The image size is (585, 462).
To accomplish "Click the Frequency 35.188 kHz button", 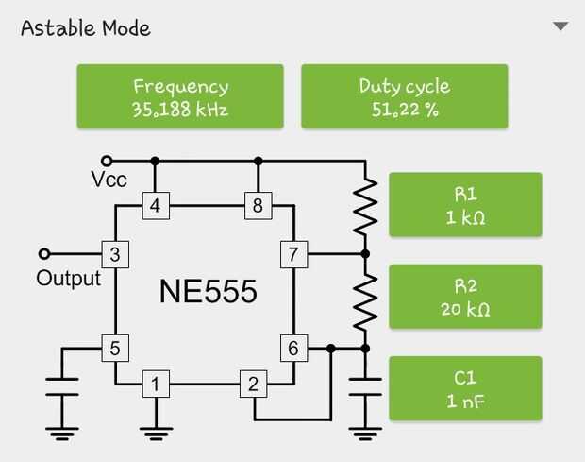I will click(x=180, y=96).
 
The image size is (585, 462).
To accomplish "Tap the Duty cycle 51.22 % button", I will click(x=404, y=96).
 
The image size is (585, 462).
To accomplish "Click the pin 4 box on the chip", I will click(x=156, y=205).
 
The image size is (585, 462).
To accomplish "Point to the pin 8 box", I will click(x=257, y=205).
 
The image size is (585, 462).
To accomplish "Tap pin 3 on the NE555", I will click(x=114, y=253).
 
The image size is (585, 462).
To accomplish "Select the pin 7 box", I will click(x=293, y=253).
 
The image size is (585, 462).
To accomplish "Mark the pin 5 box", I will click(x=114, y=348).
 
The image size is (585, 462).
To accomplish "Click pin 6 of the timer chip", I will click(x=293, y=348).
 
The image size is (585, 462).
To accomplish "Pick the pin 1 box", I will click(x=156, y=384).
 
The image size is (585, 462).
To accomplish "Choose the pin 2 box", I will click(x=252, y=384).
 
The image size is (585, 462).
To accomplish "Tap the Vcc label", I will click(x=109, y=180).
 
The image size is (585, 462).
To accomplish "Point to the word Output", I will click(x=68, y=278).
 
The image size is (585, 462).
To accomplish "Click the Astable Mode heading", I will click(x=85, y=27).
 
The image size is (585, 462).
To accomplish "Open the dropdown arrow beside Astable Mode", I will click(x=560, y=26).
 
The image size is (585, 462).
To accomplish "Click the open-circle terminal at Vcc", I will click(x=108, y=161).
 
